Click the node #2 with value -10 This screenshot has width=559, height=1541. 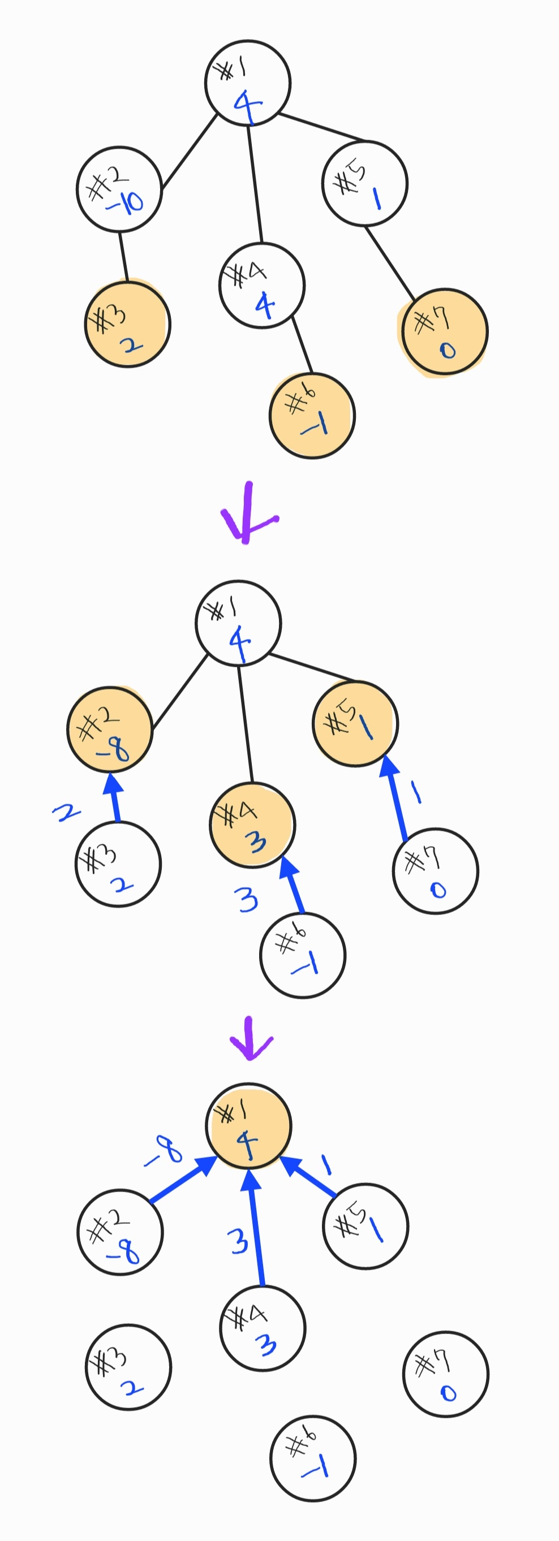pyautogui.click(x=119, y=189)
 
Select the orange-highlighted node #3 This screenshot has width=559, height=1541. pyautogui.click(x=127, y=324)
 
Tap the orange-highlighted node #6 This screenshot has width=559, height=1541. pyautogui.click(x=312, y=415)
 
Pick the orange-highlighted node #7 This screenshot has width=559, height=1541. pyautogui.click(x=445, y=332)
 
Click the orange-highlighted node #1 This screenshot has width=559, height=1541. pyautogui.click(x=248, y=1125)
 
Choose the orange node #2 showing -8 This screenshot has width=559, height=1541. pyautogui.click(x=110, y=730)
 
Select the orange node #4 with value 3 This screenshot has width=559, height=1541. pyautogui.click(x=252, y=825)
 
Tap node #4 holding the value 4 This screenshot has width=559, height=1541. pyautogui.click(x=261, y=286)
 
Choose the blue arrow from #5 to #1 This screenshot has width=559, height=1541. pyautogui.click(x=309, y=1178)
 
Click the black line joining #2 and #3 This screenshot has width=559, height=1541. pyautogui.click(x=123, y=256)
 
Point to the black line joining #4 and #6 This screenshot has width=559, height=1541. pyautogui.click(x=302, y=344)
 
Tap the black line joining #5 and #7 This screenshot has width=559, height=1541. pyautogui.click(x=390, y=263)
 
